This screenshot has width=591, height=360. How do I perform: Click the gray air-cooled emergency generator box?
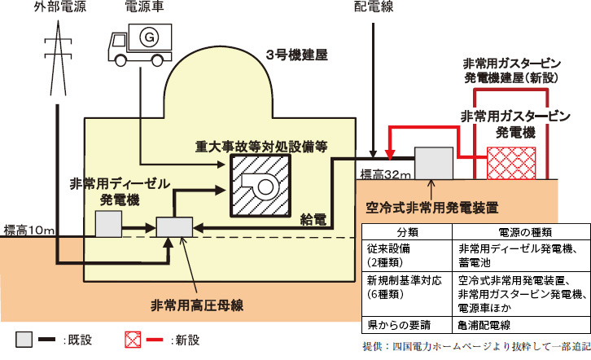(434, 162)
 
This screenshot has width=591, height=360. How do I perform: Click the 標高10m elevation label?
(28, 229)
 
